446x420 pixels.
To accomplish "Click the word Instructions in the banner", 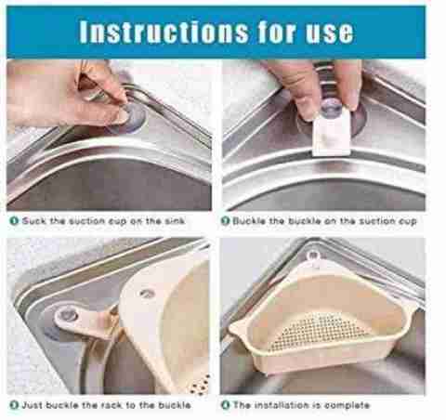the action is (164, 32).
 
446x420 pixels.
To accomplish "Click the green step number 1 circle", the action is (14, 221).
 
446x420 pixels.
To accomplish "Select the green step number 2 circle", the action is (225, 221).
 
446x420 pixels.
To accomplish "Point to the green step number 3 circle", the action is (14, 405).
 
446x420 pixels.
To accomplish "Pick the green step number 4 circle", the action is (226, 405).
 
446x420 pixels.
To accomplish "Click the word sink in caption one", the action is (175, 221).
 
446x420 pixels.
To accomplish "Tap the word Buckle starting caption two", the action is (249, 221).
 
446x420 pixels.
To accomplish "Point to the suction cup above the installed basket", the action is (313, 256).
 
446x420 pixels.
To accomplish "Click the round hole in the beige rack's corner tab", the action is (146, 293).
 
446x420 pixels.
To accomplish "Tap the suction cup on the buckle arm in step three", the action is (67, 316).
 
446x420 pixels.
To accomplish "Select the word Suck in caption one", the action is (34, 221).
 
